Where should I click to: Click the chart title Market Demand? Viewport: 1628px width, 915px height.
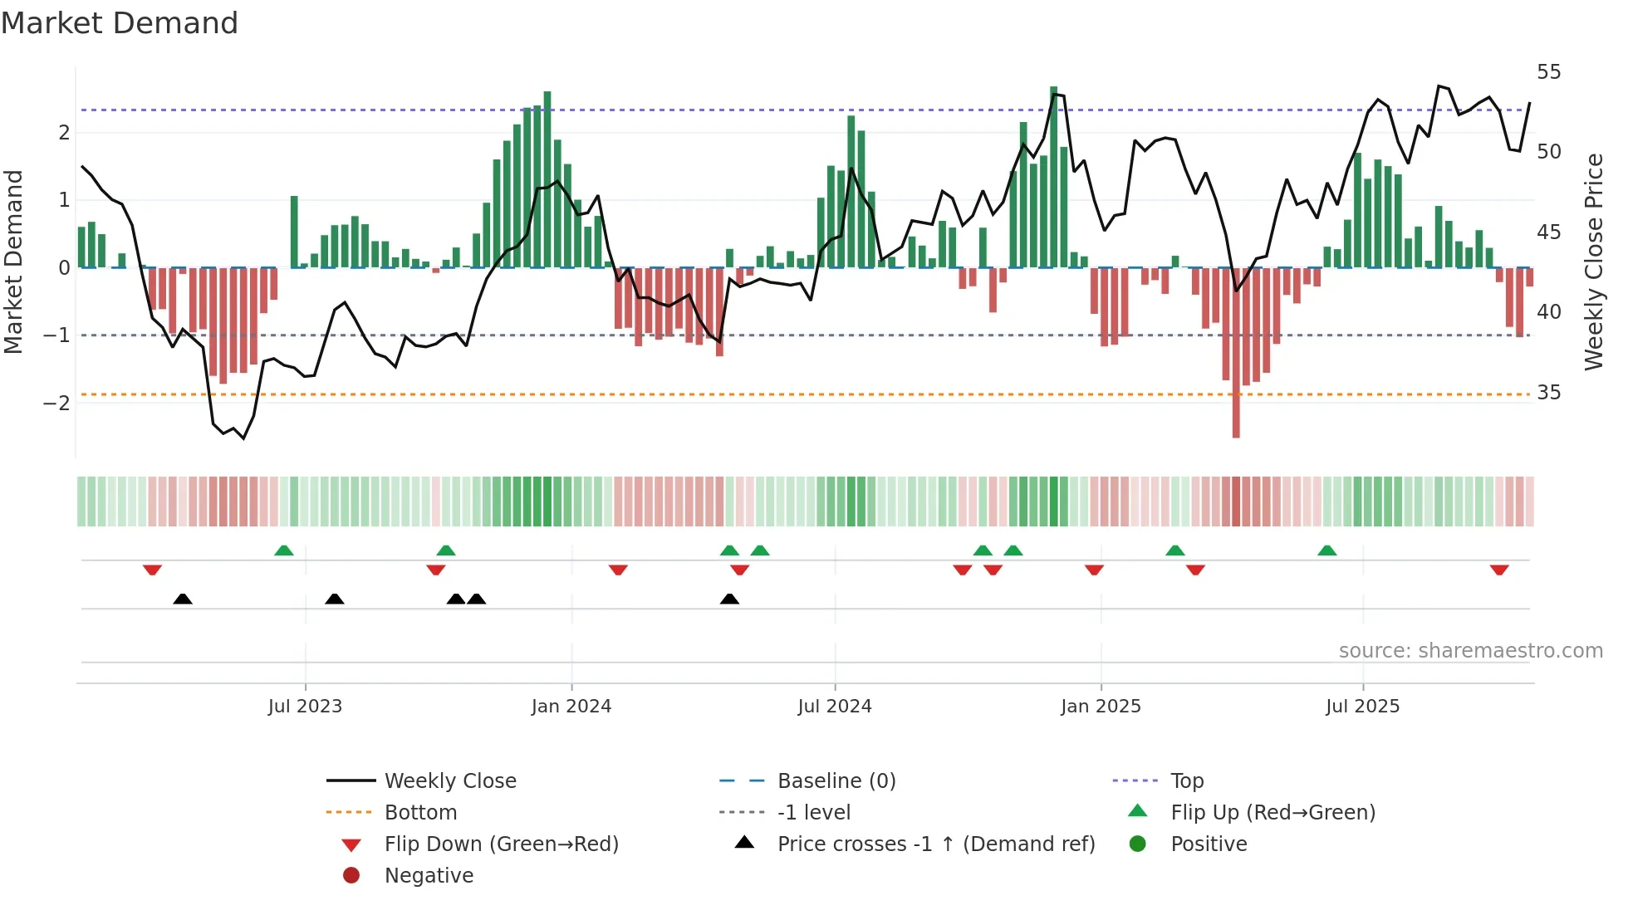tap(120, 23)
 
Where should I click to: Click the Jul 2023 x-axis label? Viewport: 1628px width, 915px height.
tap(305, 707)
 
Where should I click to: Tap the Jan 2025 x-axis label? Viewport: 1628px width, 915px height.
tap(1101, 707)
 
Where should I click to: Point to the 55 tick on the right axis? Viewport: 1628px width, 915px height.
tap(1548, 72)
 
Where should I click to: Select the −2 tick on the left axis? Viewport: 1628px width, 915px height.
tap(56, 404)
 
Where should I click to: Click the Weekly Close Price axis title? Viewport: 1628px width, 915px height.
tap(1593, 262)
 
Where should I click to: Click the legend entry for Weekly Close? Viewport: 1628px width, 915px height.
tap(449, 781)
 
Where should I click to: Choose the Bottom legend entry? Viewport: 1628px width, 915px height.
tap(420, 813)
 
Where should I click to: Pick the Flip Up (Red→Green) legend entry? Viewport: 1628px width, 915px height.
tap(1272, 813)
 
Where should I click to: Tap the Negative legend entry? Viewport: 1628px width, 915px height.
tap(429, 876)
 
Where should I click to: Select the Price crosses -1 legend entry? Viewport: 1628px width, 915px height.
tap(935, 844)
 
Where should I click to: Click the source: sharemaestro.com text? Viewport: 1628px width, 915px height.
tap(1470, 651)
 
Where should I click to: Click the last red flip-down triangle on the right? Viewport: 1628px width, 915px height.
tap(1499, 570)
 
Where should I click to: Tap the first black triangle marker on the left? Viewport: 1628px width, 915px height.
tap(183, 599)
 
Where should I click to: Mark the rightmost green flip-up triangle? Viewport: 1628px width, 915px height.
tap(1327, 550)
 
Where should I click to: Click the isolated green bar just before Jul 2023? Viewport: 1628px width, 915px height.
tap(294, 231)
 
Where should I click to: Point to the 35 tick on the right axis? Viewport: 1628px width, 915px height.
tap(1548, 393)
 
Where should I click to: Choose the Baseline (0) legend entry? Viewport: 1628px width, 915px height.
tap(836, 781)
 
